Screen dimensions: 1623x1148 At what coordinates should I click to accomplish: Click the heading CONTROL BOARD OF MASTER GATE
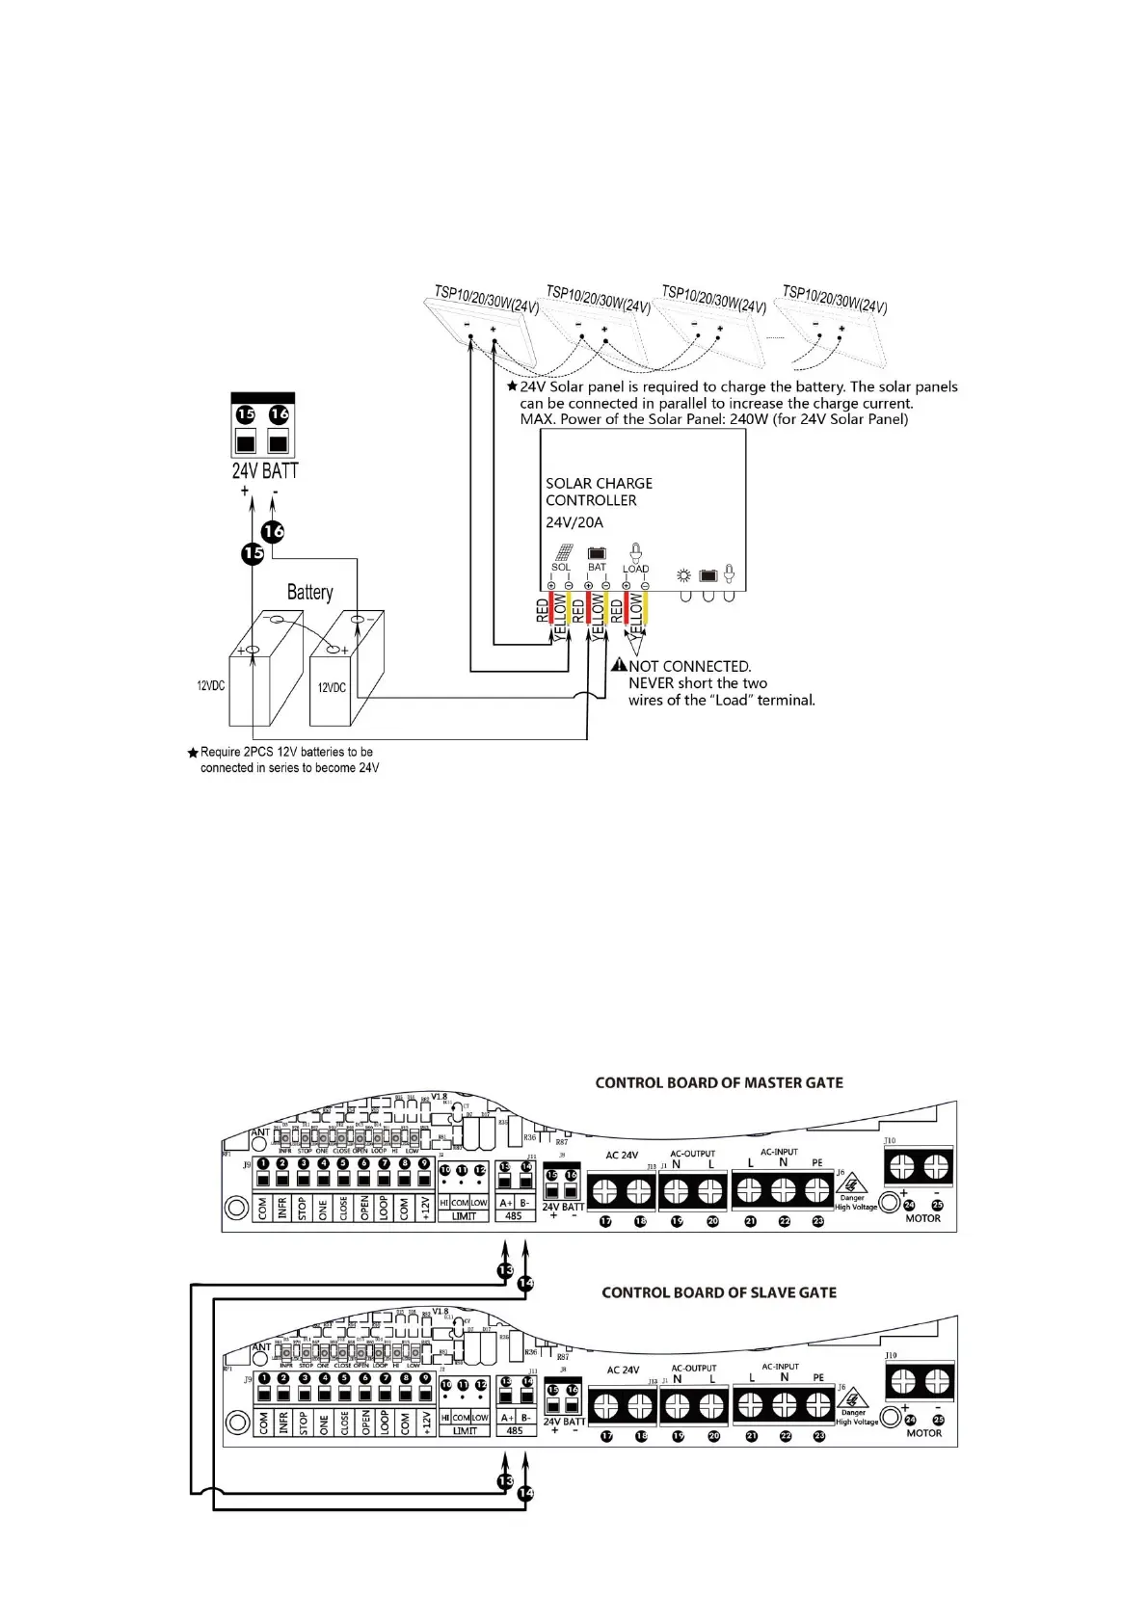[719, 1082]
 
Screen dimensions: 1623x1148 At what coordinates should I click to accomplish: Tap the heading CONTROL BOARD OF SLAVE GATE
[719, 1292]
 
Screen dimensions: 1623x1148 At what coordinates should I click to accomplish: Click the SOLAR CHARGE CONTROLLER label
[599, 492]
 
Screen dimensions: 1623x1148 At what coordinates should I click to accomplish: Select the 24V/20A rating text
[574, 522]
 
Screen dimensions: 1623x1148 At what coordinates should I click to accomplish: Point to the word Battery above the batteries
[309, 592]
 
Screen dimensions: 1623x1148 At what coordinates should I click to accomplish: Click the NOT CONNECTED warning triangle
[620, 665]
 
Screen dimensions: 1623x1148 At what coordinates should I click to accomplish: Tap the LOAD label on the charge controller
[635, 569]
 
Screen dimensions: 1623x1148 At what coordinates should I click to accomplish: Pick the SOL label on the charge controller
[560, 568]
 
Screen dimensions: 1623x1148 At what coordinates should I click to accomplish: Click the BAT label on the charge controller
[597, 568]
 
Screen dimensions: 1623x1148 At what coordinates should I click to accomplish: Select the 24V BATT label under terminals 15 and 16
[265, 470]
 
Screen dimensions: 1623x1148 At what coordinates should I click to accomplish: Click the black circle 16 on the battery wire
[273, 531]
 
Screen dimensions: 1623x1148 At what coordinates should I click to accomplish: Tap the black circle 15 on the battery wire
[253, 553]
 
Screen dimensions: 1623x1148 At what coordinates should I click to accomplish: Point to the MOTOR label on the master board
[922, 1218]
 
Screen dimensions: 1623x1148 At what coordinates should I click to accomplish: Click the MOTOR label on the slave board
[923, 1433]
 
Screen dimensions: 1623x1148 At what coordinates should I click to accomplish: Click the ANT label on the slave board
[261, 1346]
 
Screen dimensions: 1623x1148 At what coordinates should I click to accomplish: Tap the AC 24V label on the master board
[622, 1155]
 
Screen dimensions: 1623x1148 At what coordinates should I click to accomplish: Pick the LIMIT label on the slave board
[465, 1431]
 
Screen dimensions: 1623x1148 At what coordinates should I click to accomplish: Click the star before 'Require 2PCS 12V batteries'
[193, 752]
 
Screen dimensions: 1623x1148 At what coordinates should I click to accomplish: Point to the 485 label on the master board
[514, 1216]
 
